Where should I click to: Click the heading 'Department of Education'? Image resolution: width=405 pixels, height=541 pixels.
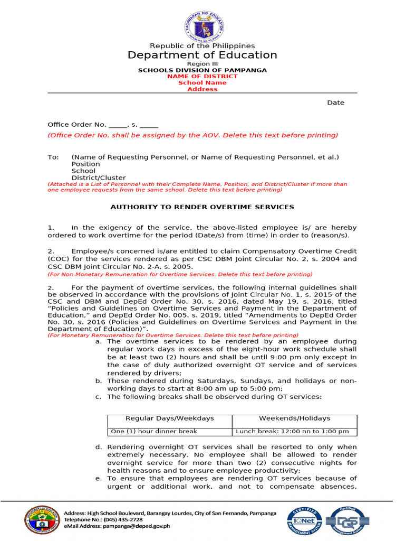[x=202, y=55]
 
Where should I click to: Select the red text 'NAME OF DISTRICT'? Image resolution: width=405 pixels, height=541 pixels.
[x=202, y=76]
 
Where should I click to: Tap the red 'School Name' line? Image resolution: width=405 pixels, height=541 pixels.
[x=202, y=82]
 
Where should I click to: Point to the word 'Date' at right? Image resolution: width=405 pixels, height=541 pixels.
[x=335, y=102]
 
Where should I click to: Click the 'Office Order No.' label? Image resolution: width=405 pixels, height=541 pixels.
[x=77, y=125]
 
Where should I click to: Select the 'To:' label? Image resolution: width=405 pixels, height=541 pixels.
[x=53, y=157]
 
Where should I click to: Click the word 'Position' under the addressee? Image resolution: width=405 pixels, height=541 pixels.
[x=85, y=164]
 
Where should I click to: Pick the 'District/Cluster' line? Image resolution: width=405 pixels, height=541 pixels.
[x=99, y=178]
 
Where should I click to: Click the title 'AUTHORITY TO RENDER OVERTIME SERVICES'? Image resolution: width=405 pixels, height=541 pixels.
[x=202, y=207]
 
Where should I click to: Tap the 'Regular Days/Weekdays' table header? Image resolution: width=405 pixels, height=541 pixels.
[x=170, y=418]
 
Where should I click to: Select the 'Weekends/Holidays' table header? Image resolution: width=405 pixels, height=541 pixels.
[x=294, y=418]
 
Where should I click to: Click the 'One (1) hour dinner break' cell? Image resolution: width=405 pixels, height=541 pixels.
[x=154, y=431]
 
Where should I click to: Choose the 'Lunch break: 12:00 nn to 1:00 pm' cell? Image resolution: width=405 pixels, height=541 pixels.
[x=292, y=431]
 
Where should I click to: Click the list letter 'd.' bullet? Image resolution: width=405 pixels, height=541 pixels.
[x=99, y=447]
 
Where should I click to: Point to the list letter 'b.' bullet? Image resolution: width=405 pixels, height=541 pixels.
[x=99, y=381]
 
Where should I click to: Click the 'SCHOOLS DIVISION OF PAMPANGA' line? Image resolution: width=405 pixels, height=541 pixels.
[x=202, y=70]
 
